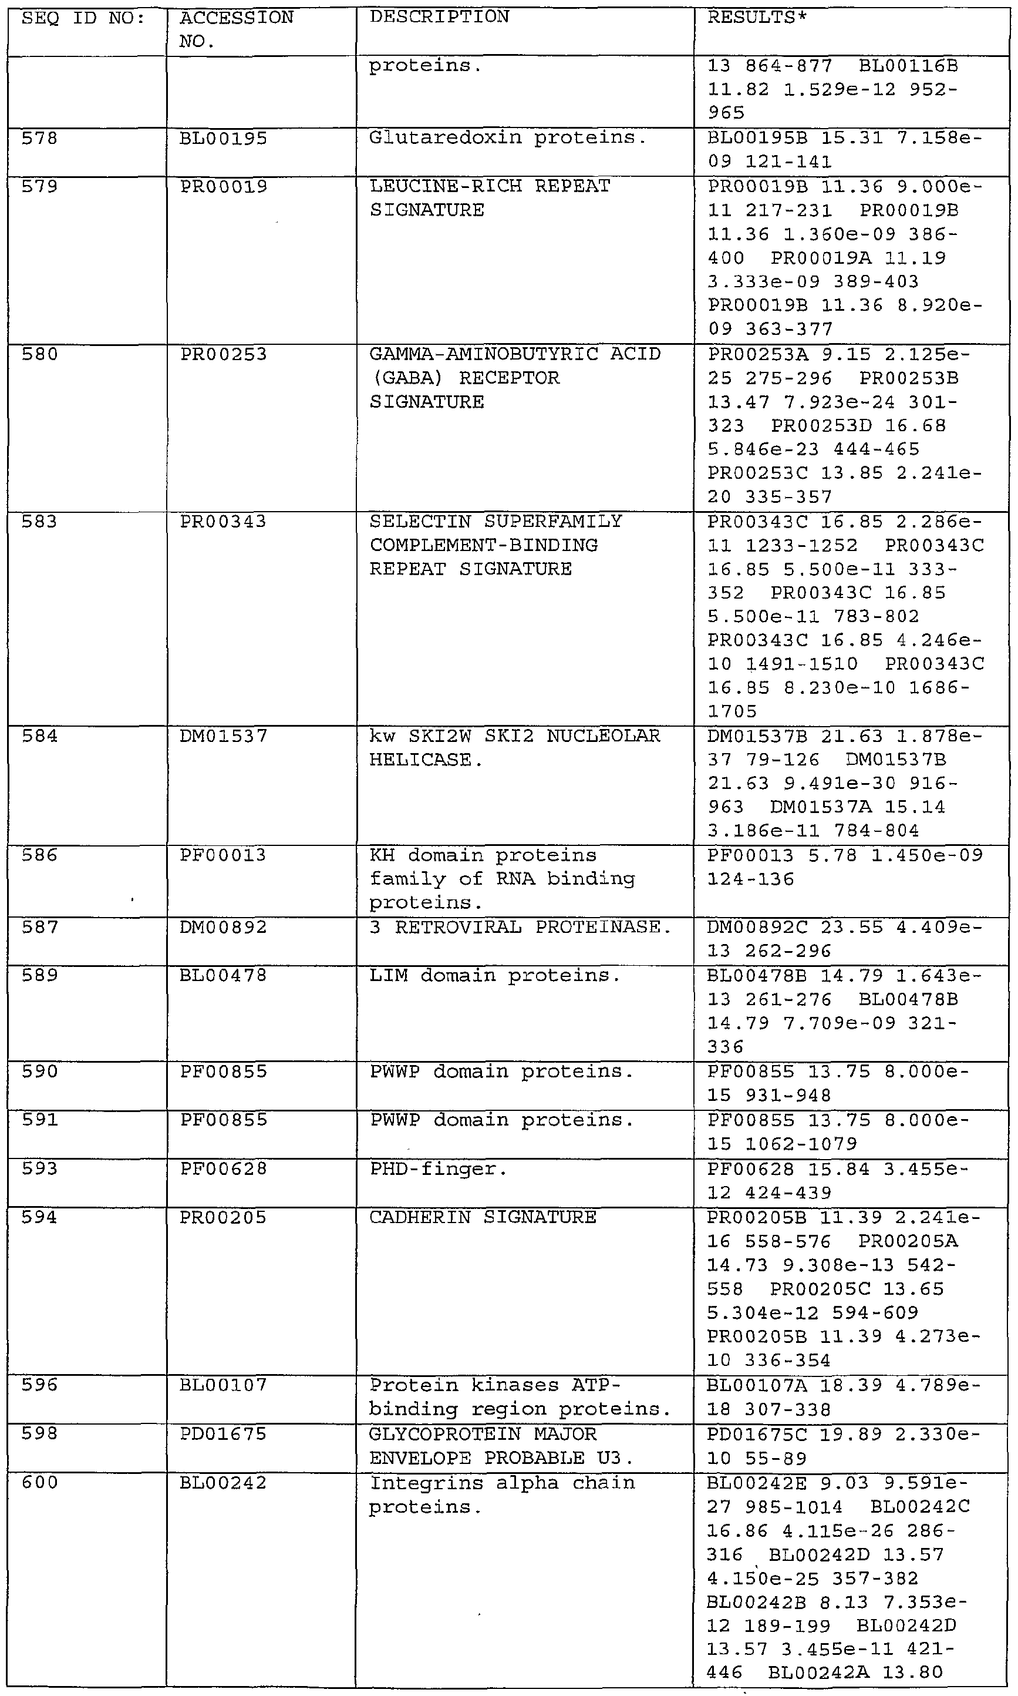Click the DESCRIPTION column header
point(439,17)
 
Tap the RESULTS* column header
point(757,17)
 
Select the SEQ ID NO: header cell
point(83,18)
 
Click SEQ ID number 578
point(40,139)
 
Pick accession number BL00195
point(224,139)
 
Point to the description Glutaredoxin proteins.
point(508,138)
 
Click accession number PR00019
point(224,187)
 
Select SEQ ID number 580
point(40,354)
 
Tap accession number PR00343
point(224,522)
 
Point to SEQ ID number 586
point(40,855)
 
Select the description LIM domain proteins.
point(494,975)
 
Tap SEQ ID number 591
point(40,1120)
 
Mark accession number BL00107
point(224,1385)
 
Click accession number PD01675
point(224,1434)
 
